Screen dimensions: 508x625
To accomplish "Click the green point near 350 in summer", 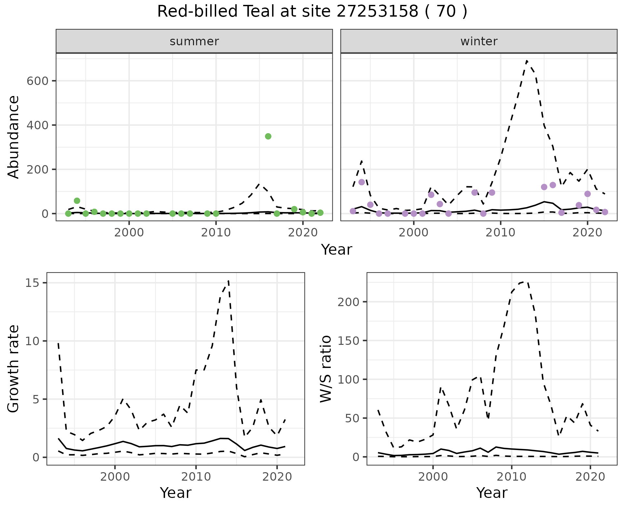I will [x=268, y=136].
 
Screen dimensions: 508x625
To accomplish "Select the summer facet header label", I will [x=194, y=41].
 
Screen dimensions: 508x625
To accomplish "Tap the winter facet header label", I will [x=479, y=41].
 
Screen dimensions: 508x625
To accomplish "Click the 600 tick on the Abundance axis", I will [x=37, y=81].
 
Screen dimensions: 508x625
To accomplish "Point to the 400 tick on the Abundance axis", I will [x=37, y=125].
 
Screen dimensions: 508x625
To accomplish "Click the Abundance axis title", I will [x=14, y=137].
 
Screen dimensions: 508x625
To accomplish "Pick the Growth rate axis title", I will [x=14, y=369].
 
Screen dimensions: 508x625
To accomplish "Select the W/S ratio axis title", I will [x=326, y=369].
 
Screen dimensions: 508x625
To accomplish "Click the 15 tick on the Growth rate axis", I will [x=31, y=283].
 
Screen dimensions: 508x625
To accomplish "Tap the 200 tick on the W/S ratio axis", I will [x=348, y=302].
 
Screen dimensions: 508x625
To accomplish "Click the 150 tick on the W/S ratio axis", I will [x=348, y=341].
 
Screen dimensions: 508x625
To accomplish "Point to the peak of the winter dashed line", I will [x=527, y=61].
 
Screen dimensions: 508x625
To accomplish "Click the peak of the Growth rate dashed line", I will [x=229, y=280].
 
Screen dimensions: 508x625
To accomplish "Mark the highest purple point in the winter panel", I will [x=361, y=182].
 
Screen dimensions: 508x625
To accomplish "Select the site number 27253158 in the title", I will [x=377, y=12].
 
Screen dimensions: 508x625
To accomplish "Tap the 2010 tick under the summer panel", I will [x=216, y=233].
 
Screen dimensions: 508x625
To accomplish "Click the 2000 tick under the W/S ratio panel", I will [x=433, y=477].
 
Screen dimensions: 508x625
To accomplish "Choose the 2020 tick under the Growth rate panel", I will [x=277, y=477].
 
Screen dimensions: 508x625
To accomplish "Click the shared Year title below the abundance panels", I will [x=337, y=250].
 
